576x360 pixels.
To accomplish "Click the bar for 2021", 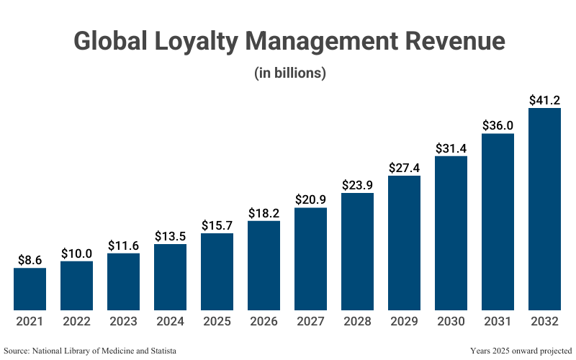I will pyautogui.click(x=30, y=289).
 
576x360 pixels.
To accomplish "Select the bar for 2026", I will pyautogui.click(x=264, y=266).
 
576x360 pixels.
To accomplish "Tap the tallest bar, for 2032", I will pyautogui.click(x=544, y=210).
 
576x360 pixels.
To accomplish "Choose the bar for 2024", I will pyautogui.click(x=170, y=277).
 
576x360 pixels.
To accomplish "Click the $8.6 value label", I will pyautogui.click(x=30, y=260).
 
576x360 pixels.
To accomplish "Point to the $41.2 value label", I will pyautogui.click(x=544, y=99).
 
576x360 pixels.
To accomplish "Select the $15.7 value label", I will pyautogui.click(x=217, y=225).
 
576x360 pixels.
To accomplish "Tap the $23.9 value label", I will pyautogui.click(x=357, y=184).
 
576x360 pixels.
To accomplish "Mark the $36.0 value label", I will pyautogui.click(x=498, y=125).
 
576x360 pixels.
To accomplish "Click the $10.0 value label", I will pyautogui.click(x=76, y=253).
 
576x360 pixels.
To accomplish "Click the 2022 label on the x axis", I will pyautogui.click(x=76, y=322).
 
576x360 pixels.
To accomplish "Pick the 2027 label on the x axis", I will pyautogui.click(x=310, y=322).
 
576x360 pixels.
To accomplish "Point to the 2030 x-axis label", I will pyautogui.click(x=451, y=322).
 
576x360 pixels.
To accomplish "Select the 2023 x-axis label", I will pyautogui.click(x=123, y=322).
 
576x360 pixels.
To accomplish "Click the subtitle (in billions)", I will pyautogui.click(x=290, y=73).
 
